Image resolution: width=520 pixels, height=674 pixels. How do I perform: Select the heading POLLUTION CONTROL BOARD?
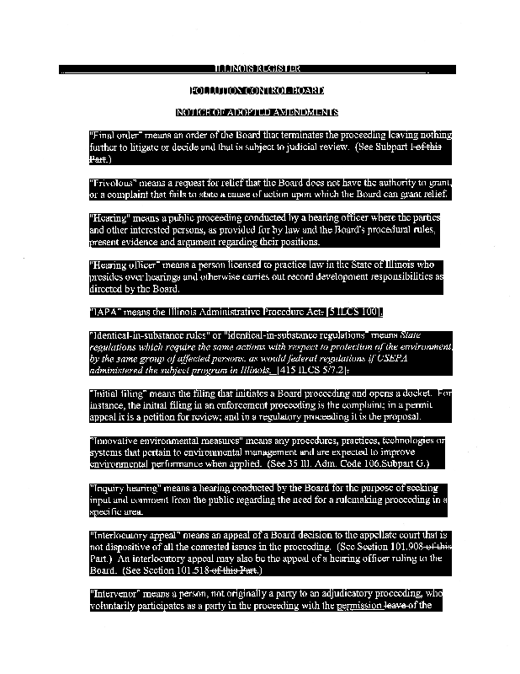[x=257, y=90]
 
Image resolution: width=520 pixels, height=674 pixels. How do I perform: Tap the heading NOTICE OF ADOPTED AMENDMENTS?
[x=257, y=112]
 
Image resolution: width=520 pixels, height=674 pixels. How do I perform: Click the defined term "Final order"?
[x=116, y=135]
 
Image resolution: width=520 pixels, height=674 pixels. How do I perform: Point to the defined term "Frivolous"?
[x=114, y=182]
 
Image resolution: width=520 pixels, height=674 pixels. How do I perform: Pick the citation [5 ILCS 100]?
[x=354, y=312]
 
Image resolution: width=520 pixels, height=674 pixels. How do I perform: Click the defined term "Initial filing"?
[x=120, y=393]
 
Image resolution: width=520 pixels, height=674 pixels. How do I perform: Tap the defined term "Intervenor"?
[x=117, y=594]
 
